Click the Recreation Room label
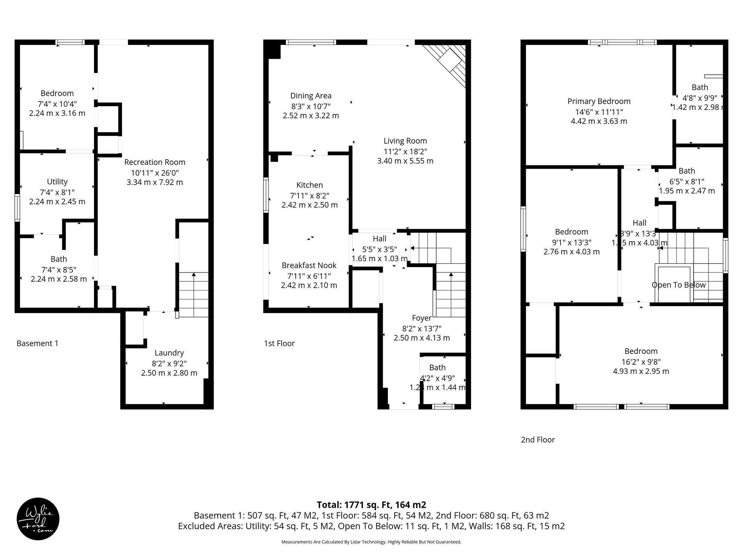(x=155, y=162)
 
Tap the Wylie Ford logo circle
(x=38, y=519)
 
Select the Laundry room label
(x=169, y=353)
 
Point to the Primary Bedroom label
(x=599, y=101)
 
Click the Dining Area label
(x=311, y=96)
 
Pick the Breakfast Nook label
(x=309, y=265)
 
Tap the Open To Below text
(x=678, y=285)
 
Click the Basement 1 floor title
(x=37, y=343)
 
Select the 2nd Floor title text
(x=538, y=440)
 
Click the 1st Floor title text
(x=279, y=343)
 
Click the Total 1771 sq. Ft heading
(x=371, y=505)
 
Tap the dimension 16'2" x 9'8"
(x=641, y=362)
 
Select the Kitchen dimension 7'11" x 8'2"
(x=309, y=196)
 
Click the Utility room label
(x=57, y=182)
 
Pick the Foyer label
(x=422, y=318)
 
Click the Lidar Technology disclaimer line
(x=371, y=542)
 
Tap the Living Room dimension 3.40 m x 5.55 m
(x=405, y=161)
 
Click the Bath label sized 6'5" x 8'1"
(x=686, y=171)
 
